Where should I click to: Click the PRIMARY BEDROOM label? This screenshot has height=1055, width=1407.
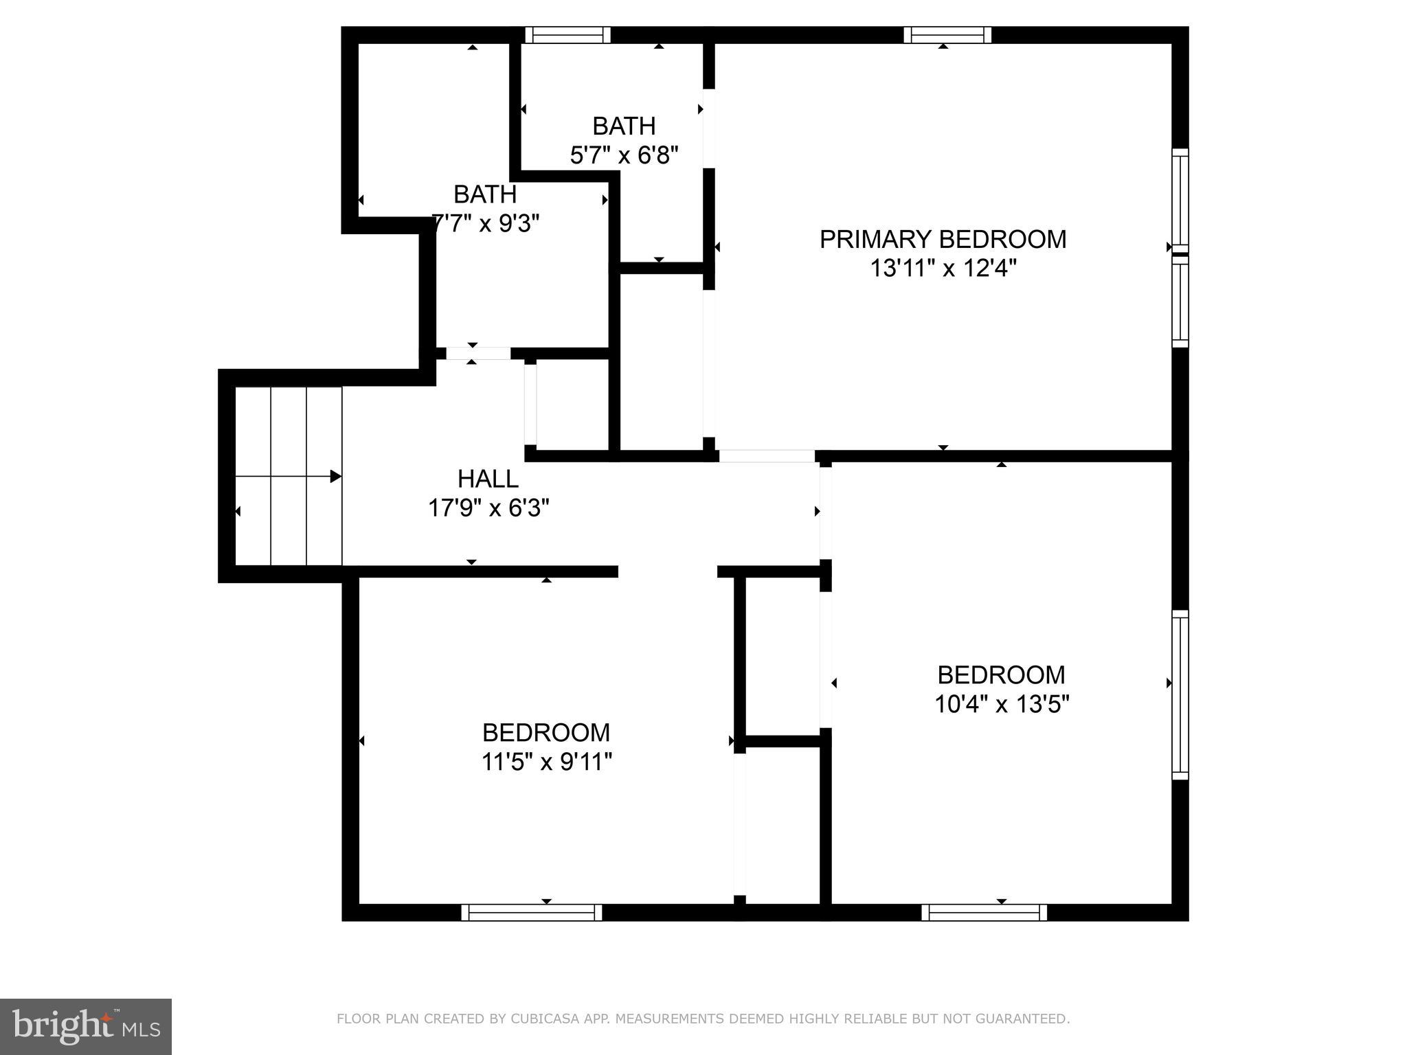tap(943, 239)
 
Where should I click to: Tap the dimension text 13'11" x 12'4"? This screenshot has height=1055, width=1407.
tap(943, 268)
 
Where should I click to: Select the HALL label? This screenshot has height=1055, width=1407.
tap(488, 478)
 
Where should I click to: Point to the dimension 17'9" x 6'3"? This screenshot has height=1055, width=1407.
tap(488, 508)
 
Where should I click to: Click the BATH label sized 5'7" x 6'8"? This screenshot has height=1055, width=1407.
tap(624, 126)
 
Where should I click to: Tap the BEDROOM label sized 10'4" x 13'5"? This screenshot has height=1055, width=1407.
tap(1001, 674)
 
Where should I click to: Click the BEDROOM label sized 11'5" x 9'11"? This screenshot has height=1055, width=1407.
tap(545, 732)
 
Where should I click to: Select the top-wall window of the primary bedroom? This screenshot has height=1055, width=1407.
tap(947, 35)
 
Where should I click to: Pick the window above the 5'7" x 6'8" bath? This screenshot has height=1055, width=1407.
tap(567, 35)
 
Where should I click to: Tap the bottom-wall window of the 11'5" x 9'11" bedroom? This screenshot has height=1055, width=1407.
tap(531, 912)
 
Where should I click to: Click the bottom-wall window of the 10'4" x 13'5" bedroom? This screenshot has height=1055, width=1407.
tap(984, 912)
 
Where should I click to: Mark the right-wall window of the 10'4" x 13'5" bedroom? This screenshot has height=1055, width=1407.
tap(1180, 694)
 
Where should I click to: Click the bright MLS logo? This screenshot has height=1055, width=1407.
tap(86, 1027)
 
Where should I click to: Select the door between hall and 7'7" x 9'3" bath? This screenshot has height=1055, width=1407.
tap(478, 353)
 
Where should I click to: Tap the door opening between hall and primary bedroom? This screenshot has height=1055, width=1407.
tap(767, 456)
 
